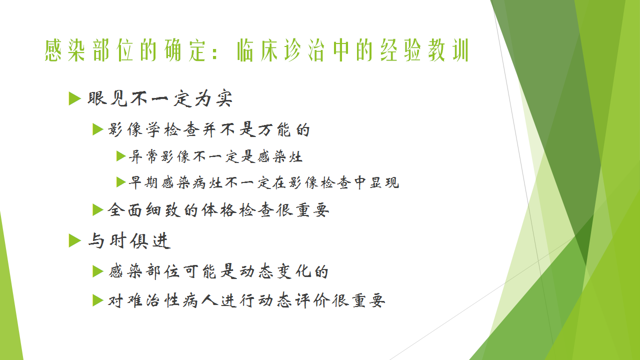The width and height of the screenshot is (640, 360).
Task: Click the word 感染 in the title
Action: [65, 50]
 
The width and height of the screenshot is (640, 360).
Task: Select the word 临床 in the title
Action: [257, 50]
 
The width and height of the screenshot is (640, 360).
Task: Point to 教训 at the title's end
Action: [448, 50]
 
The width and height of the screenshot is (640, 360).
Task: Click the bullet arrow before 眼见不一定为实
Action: [75, 98]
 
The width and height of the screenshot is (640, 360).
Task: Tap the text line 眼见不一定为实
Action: [160, 98]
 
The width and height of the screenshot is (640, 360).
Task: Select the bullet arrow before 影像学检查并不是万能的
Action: [98, 129]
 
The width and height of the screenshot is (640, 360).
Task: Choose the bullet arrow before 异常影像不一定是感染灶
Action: [121, 156]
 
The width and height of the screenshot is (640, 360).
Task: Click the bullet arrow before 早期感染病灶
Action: [121, 182]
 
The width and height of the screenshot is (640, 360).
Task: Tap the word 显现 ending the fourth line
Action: [384, 182]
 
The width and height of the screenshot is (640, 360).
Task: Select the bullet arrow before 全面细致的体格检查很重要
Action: [98, 210]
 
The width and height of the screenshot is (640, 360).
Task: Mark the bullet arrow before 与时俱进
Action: [75, 240]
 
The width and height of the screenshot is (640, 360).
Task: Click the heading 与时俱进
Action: [129, 240]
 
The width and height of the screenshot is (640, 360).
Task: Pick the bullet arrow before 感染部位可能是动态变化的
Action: [98, 271]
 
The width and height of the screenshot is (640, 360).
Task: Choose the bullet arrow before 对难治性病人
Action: [98, 300]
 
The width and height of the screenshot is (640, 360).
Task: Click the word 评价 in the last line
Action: [312, 300]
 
